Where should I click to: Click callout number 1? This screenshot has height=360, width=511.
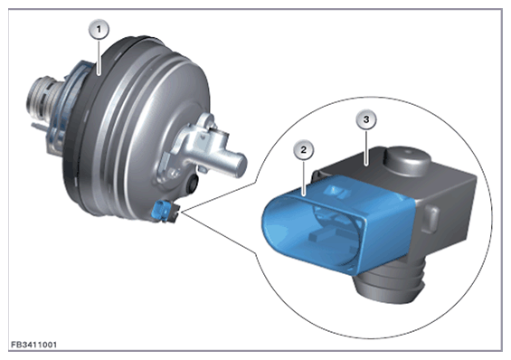(x=99, y=30)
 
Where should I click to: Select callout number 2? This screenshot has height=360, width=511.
(x=304, y=150)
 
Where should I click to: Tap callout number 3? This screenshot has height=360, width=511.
(x=366, y=119)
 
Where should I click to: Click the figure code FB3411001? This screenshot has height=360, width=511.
(x=34, y=345)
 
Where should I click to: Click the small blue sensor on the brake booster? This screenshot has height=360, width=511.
(x=161, y=210)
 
